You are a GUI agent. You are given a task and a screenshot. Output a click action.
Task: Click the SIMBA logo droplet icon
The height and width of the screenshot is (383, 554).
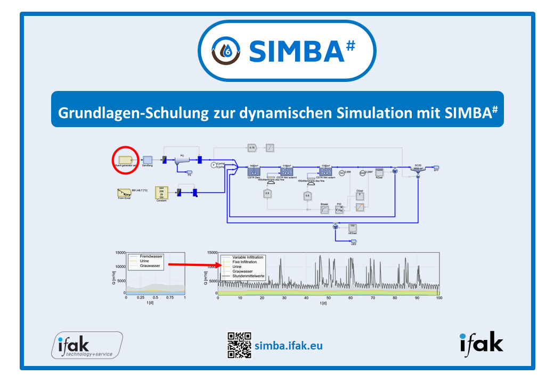click(x=227, y=49)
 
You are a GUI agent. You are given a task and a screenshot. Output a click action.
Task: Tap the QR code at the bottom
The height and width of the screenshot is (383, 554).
click(x=239, y=345)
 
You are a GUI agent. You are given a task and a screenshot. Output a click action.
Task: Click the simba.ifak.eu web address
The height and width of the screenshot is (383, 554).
click(x=289, y=346)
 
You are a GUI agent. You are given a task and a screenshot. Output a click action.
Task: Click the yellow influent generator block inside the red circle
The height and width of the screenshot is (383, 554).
click(x=125, y=159)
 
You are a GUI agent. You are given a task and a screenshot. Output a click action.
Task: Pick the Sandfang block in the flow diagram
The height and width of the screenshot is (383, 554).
click(x=148, y=159)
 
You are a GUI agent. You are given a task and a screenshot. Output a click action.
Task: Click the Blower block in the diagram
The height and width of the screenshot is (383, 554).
click(x=324, y=209)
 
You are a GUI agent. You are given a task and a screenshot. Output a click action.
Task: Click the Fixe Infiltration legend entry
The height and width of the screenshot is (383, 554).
click(x=245, y=262)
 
